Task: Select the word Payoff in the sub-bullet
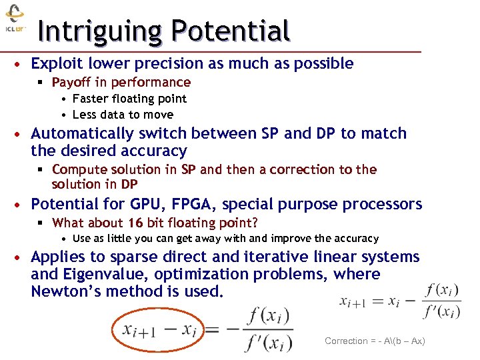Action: (x=71, y=83)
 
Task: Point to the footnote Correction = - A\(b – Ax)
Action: (x=375, y=341)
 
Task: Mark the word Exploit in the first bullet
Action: (x=55, y=64)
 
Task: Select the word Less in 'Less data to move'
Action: (x=85, y=115)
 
